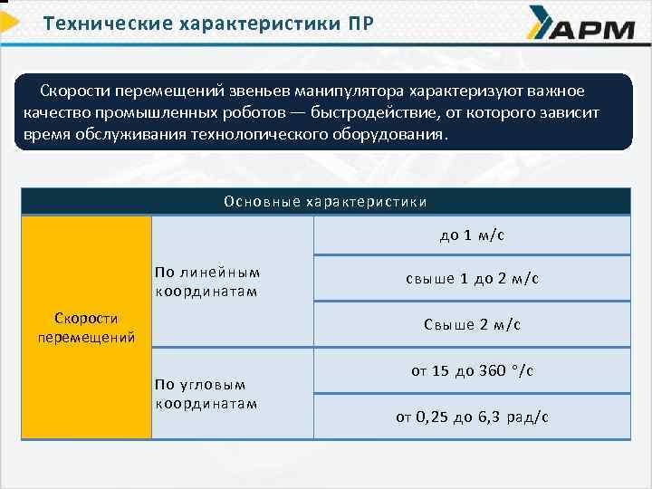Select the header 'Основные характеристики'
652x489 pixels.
coord(325,202)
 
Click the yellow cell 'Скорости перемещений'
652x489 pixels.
coord(86,328)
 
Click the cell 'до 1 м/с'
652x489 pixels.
coord(472,235)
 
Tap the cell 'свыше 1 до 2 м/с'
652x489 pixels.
coord(472,279)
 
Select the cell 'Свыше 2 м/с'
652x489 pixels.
coord(472,324)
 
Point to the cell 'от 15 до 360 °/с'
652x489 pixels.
coord(472,370)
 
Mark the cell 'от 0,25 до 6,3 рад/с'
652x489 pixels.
coord(472,417)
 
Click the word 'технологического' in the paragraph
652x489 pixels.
coord(268,135)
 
